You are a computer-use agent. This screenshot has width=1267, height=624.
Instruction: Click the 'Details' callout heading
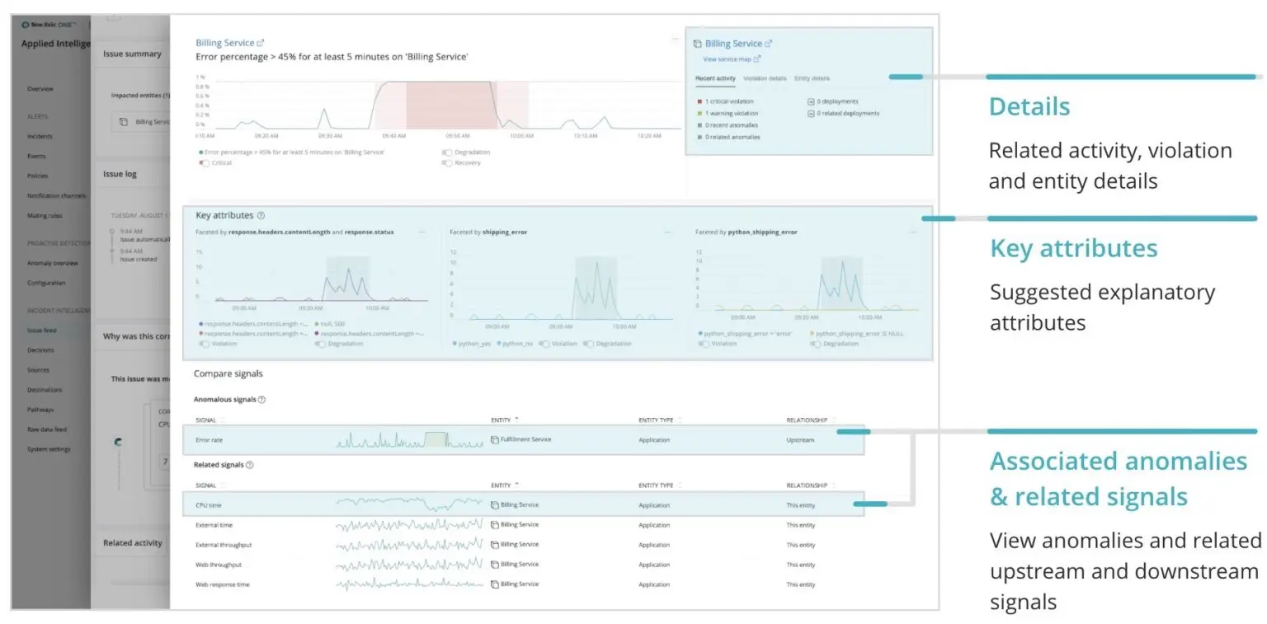click(x=1029, y=107)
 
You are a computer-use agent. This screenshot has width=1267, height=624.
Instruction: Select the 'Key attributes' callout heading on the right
click(x=1073, y=249)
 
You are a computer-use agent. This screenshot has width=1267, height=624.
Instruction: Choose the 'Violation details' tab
click(x=765, y=78)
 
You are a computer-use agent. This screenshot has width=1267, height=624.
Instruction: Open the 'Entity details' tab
click(x=812, y=78)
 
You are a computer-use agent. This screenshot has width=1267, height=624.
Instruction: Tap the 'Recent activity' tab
click(x=715, y=78)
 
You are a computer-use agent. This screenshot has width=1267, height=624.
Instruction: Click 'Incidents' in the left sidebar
click(x=40, y=136)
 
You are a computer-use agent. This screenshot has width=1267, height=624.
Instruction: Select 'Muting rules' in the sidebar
click(x=45, y=215)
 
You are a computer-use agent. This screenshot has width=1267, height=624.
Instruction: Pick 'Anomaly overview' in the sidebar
click(x=52, y=263)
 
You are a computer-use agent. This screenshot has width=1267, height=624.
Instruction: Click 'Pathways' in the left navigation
click(x=40, y=410)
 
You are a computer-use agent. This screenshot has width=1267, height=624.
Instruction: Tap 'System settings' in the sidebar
click(x=49, y=449)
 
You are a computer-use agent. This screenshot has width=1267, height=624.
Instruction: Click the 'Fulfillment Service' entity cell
click(x=525, y=440)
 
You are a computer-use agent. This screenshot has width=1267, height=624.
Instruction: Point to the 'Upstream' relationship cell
click(x=800, y=440)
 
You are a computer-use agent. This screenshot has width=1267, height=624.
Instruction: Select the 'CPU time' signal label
click(x=208, y=505)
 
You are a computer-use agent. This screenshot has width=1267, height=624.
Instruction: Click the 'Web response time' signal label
click(x=222, y=584)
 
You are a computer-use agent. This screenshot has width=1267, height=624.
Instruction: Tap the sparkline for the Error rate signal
click(x=409, y=440)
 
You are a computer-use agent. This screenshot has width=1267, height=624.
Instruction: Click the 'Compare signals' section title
click(x=228, y=373)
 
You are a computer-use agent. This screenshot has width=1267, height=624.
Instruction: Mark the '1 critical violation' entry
click(x=729, y=101)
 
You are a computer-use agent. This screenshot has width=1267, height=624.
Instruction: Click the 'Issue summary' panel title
click(x=132, y=54)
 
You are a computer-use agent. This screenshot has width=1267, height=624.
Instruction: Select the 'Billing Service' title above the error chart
click(x=225, y=43)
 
